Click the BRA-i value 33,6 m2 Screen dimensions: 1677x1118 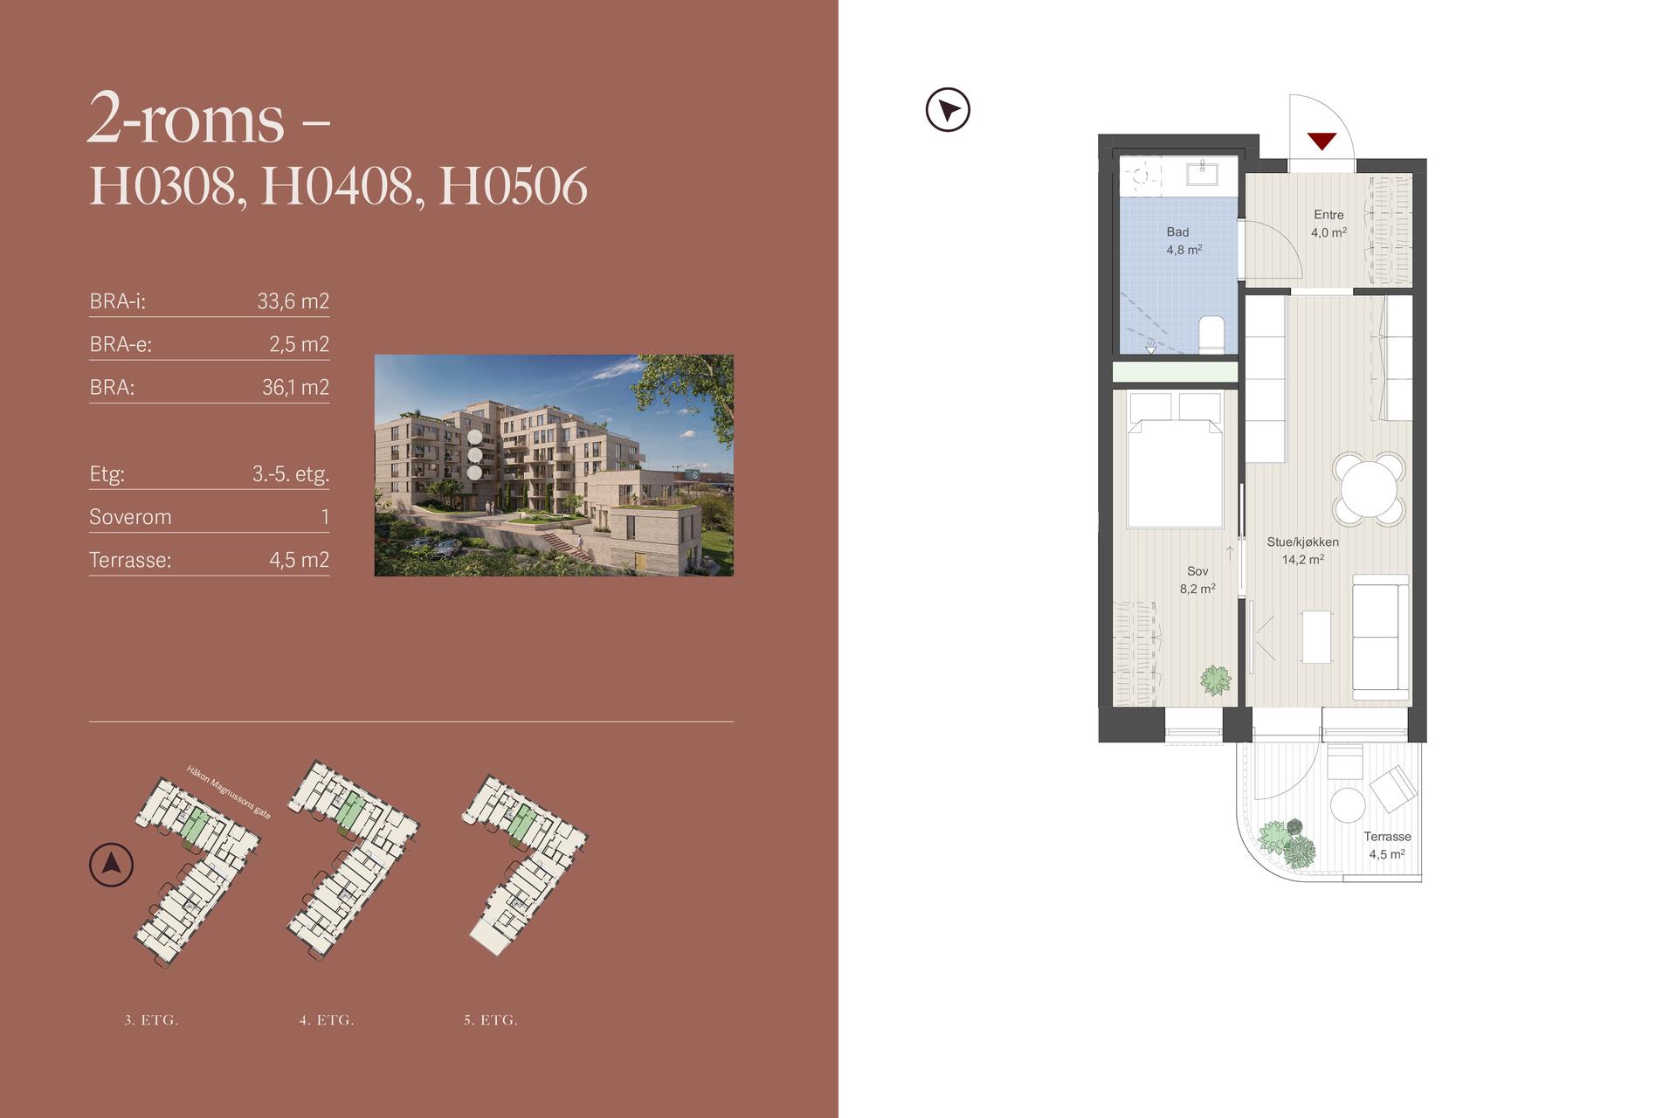click(293, 301)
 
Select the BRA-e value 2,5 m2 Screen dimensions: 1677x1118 click(299, 344)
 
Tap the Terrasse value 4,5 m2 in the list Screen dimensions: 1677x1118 click(299, 560)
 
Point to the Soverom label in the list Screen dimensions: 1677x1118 click(130, 517)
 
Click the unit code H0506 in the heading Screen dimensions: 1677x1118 click(514, 186)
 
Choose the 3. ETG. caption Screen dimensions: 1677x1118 click(151, 1020)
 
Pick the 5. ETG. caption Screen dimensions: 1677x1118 click(491, 1020)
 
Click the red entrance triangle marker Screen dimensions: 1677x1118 click(1322, 140)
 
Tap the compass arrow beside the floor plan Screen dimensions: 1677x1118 click(948, 110)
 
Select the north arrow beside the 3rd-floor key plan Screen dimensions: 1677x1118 click(111, 865)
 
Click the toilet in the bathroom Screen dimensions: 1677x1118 click(1211, 335)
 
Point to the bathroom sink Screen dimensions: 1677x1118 click(1202, 172)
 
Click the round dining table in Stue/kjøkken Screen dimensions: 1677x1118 click(1369, 488)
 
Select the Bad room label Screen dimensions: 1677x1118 click(1177, 232)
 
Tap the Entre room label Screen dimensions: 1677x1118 click(1328, 215)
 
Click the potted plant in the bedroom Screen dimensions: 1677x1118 click(1215, 680)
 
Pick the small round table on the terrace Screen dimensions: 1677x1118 click(1347, 805)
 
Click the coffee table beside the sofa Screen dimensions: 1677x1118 click(1317, 637)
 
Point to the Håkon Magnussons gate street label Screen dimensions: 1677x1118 click(229, 792)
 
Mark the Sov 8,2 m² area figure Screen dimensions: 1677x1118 click(1197, 589)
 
